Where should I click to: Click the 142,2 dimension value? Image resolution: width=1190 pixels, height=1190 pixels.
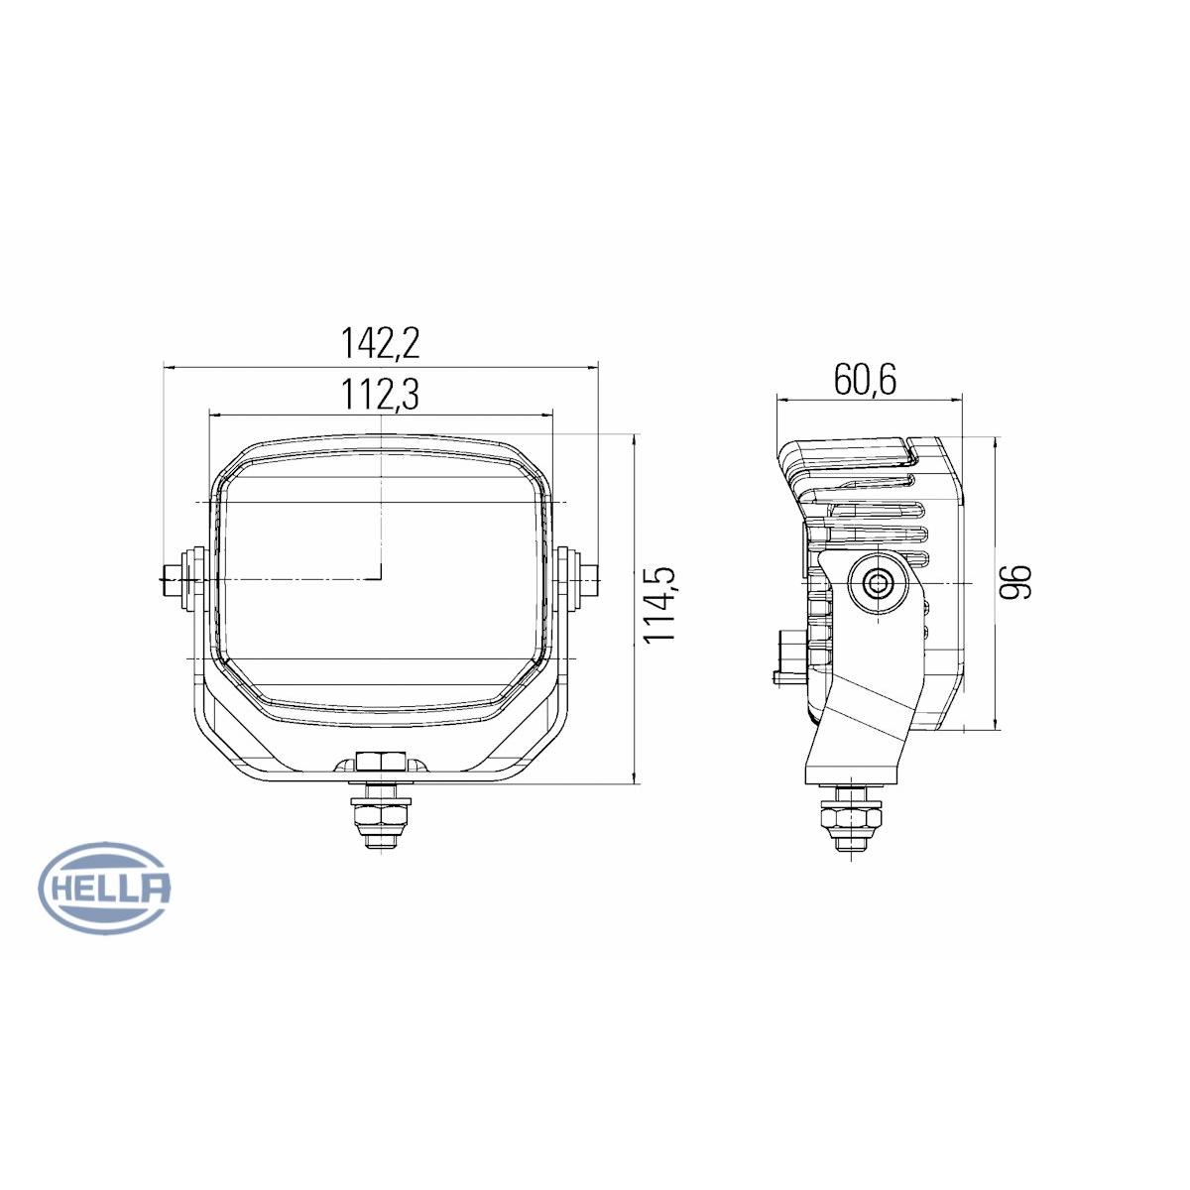381,343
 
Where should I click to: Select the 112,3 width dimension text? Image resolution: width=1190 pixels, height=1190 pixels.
381,396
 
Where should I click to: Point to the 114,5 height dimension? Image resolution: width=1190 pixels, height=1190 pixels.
659,604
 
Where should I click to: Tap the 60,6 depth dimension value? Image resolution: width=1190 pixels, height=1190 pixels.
865,379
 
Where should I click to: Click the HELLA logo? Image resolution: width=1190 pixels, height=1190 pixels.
104,888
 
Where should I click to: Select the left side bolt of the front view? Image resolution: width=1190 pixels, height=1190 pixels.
178,581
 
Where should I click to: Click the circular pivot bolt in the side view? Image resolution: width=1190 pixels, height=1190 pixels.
877,583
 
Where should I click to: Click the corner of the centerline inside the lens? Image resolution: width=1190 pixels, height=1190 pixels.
380,576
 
